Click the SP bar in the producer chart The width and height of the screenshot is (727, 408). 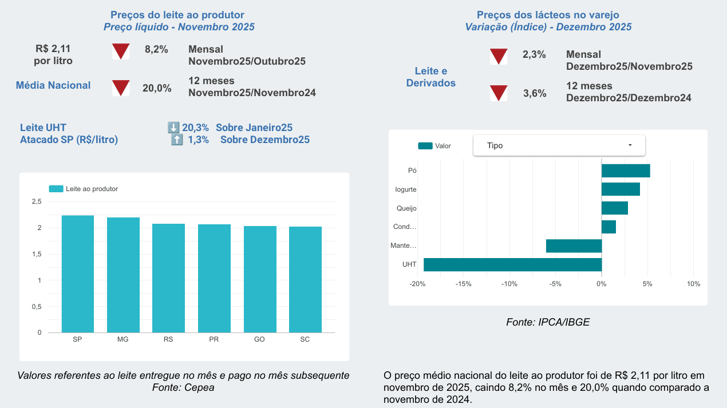click(x=78, y=274)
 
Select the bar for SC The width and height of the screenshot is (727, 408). click(x=306, y=280)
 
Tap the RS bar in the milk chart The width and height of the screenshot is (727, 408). click(x=168, y=278)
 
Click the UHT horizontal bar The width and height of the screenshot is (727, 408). click(x=513, y=264)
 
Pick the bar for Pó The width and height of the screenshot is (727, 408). click(x=626, y=171)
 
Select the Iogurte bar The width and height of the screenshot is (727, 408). click(x=621, y=189)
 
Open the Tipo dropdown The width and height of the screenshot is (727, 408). click(x=559, y=145)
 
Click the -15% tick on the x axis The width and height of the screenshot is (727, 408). click(x=463, y=284)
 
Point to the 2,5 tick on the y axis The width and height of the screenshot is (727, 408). click(x=37, y=201)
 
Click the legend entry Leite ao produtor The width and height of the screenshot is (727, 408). click(x=84, y=189)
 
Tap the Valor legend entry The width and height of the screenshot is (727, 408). click(x=434, y=146)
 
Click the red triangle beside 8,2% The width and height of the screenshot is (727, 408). click(x=121, y=52)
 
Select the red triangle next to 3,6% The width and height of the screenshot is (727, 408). click(x=499, y=93)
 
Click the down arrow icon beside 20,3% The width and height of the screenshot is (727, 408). click(x=173, y=128)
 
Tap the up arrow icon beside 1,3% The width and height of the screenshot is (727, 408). click(x=177, y=140)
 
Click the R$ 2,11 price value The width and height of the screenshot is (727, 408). click(x=53, y=49)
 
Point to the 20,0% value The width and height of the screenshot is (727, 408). click(x=157, y=88)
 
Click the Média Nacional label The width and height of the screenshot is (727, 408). click(x=53, y=85)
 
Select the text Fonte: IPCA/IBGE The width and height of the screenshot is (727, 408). click(x=548, y=322)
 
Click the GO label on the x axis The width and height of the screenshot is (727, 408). click(x=259, y=339)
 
